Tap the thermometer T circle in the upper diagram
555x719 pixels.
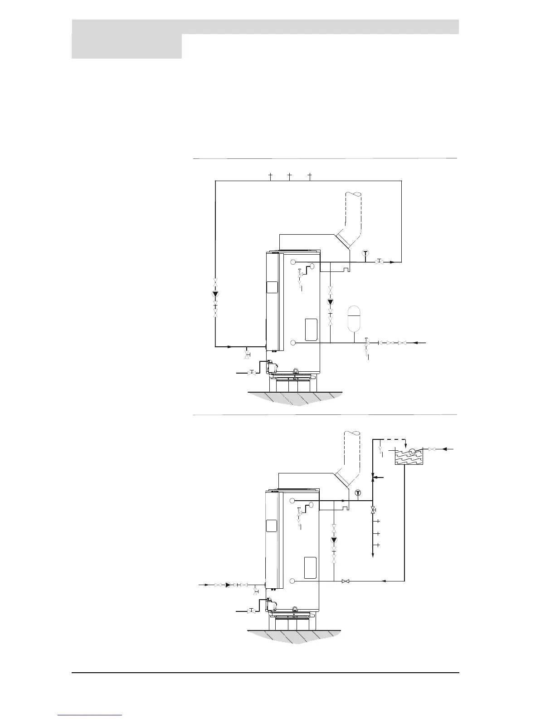[365, 253]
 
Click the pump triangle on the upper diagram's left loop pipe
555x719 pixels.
[215, 294]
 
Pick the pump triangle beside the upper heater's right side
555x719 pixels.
[330, 302]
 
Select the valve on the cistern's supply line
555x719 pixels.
[432, 449]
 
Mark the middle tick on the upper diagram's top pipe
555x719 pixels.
[290, 176]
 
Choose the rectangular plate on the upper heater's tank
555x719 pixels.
[311, 329]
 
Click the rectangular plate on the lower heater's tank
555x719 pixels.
[310, 567]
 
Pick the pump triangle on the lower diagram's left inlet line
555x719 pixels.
[228, 585]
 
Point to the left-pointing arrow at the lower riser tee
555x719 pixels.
[376, 477]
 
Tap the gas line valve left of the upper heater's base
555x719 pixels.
[251, 373]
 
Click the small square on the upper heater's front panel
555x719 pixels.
[272, 287]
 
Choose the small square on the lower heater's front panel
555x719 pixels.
[271, 526]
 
